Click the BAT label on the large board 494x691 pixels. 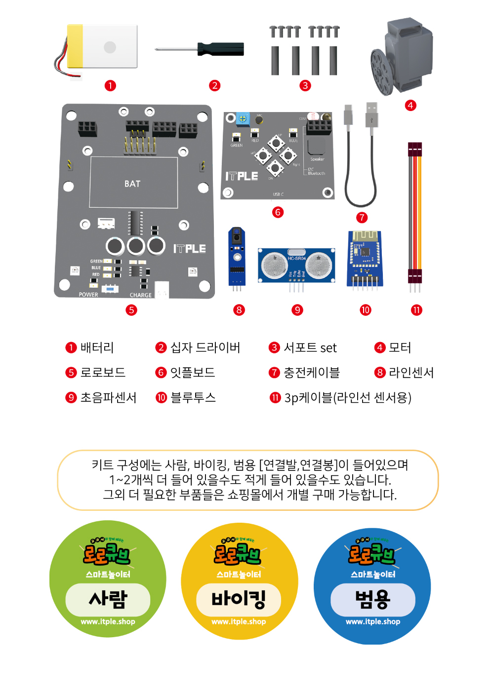click(132, 184)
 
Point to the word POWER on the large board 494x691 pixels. click(88, 295)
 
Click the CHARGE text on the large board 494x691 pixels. click(141, 295)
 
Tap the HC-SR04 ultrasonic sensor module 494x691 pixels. click(296, 265)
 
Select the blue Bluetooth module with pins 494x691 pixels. click(365, 258)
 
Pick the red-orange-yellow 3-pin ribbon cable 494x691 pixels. click(414, 212)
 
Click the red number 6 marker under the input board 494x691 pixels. click(278, 212)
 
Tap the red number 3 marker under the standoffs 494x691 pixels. click(305, 85)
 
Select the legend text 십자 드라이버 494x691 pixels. click(205, 348)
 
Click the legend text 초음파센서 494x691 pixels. click(108, 398)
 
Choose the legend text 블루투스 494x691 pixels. click(193, 398)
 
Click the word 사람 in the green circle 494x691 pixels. click(108, 599)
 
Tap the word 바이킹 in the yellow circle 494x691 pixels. click(239, 599)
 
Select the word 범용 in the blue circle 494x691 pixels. click(372, 599)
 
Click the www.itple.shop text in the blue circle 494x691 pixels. click(372, 622)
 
